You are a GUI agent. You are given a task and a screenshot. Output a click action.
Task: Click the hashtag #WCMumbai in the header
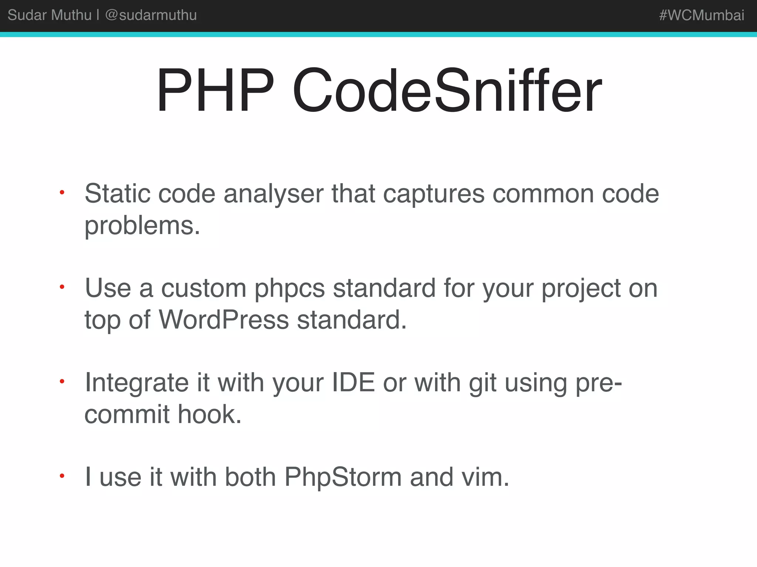[701, 15]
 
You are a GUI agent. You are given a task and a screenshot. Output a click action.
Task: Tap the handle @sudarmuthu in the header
[151, 15]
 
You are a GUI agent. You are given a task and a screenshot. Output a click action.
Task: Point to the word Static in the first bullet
[118, 193]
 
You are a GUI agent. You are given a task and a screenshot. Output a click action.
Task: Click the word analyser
[273, 194]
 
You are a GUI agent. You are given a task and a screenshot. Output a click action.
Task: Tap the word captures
[434, 194]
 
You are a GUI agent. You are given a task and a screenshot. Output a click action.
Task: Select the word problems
[142, 225]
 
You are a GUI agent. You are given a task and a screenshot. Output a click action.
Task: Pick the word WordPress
[224, 320]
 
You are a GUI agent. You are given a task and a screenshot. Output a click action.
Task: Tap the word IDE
[353, 382]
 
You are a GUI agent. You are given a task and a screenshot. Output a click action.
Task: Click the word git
[482, 383]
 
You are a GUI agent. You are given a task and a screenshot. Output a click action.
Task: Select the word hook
[210, 414]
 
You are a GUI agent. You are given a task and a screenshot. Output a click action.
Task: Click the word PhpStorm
[343, 477]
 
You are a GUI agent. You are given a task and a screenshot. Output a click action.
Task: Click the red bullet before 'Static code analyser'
[62, 192]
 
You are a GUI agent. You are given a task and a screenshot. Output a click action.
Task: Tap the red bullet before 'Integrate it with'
[62, 381]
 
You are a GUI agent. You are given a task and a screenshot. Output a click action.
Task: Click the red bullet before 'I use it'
[62, 476]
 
